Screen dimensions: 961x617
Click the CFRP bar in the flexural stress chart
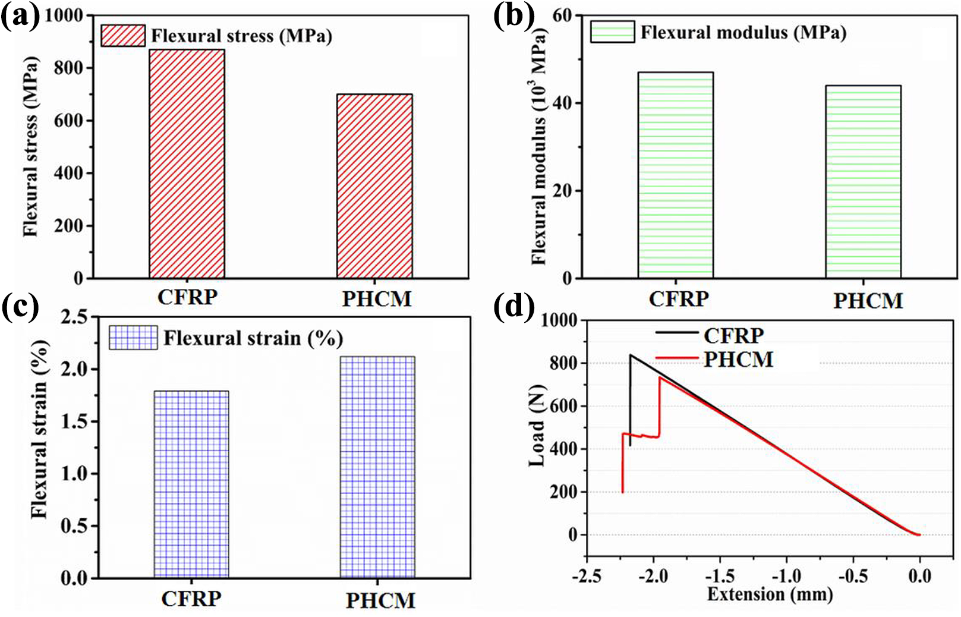click(x=187, y=164)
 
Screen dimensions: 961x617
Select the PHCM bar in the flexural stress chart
click(x=374, y=186)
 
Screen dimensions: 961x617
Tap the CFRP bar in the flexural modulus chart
click(x=676, y=175)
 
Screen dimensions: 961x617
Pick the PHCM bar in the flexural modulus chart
click(x=863, y=182)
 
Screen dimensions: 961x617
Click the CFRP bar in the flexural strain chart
click(x=191, y=484)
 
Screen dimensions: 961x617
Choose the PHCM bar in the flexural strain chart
click(x=377, y=467)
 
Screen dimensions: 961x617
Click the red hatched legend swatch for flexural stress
click(x=123, y=35)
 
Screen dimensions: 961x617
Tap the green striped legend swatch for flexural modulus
click(x=612, y=32)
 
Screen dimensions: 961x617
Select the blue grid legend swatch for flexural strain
click(x=133, y=337)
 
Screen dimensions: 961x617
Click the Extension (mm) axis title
click(x=770, y=594)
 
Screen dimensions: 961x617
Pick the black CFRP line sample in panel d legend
click(x=676, y=332)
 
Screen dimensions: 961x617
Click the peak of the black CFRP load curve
click(x=631, y=354)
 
